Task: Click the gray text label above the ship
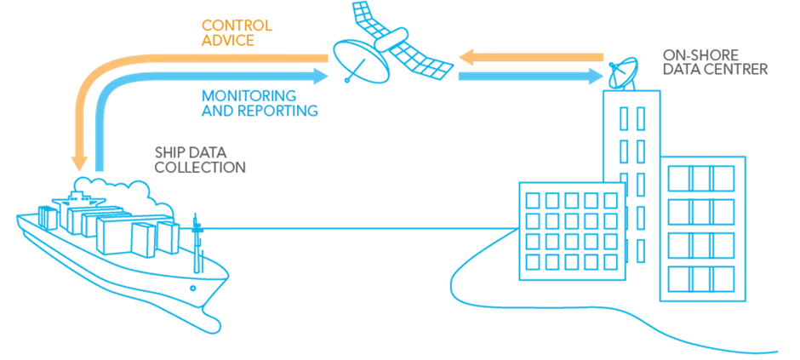tap(201, 159)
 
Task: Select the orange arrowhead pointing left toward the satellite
tap(465, 56)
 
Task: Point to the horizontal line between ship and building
tap(357, 228)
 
